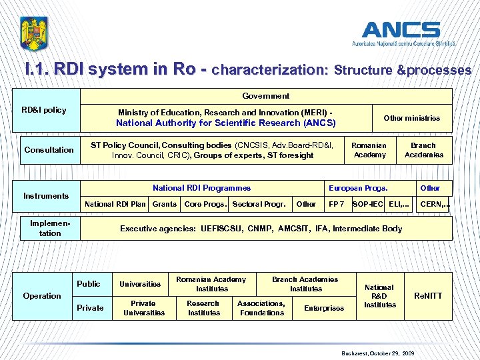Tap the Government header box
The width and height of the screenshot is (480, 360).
click(x=266, y=96)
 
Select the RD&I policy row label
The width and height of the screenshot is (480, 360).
click(x=44, y=110)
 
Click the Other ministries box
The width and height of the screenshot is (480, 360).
click(x=411, y=118)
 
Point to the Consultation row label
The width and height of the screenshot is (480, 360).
click(x=49, y=150)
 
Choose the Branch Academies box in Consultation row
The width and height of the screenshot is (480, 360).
click(x=423, y=150)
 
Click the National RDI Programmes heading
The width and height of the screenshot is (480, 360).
click(x=201, y=188)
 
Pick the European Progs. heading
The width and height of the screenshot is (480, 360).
click(x=357, y=188)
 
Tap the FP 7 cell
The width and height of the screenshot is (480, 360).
click(x=337, y=204)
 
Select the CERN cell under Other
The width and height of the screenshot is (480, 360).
click(x=433, y=204)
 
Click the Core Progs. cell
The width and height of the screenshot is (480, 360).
click(x=205, y=204)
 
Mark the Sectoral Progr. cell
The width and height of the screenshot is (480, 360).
click(x=259, y=204)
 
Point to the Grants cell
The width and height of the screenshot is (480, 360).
click(x=165, y=204)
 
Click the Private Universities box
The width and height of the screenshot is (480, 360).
click(x=144, y=307)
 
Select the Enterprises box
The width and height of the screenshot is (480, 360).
click(x=324, y=308)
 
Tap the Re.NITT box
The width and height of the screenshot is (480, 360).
click(x=428, y=295)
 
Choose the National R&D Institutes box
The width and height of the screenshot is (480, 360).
click(x=379, y=296)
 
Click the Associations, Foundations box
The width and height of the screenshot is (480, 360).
click(x=261, y=307)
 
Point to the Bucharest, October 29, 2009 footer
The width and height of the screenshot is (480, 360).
click(x=377, y=353)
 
